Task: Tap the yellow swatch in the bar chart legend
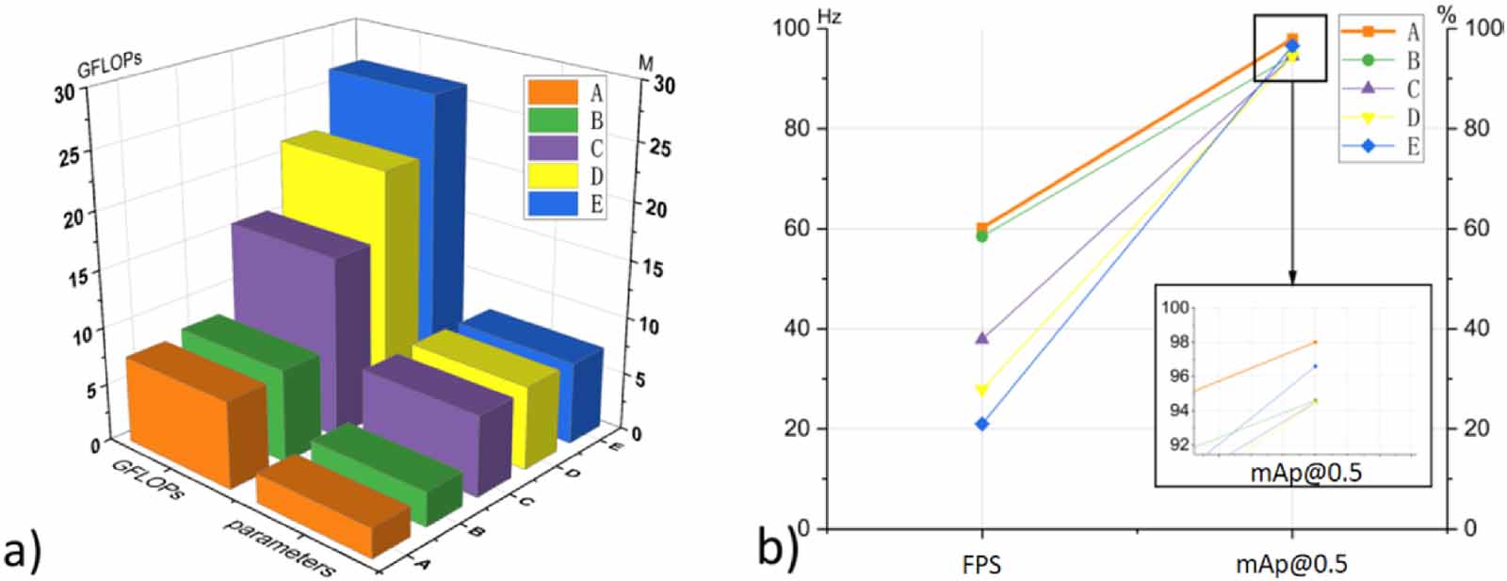[552, 176]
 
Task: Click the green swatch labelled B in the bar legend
[552, 121]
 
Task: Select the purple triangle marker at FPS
[981, 337]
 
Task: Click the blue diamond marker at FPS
[981, 425]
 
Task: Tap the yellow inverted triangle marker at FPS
[981, 390]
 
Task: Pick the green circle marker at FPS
[981, 236]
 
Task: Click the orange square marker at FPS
[981, 228]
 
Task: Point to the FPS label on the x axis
[981, 565]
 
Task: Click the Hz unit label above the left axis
[829, 17]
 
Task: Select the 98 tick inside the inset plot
[1177, 342]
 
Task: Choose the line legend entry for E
[1381, 146]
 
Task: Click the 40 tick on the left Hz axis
[797, 329]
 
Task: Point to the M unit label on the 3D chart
[645, 63]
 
